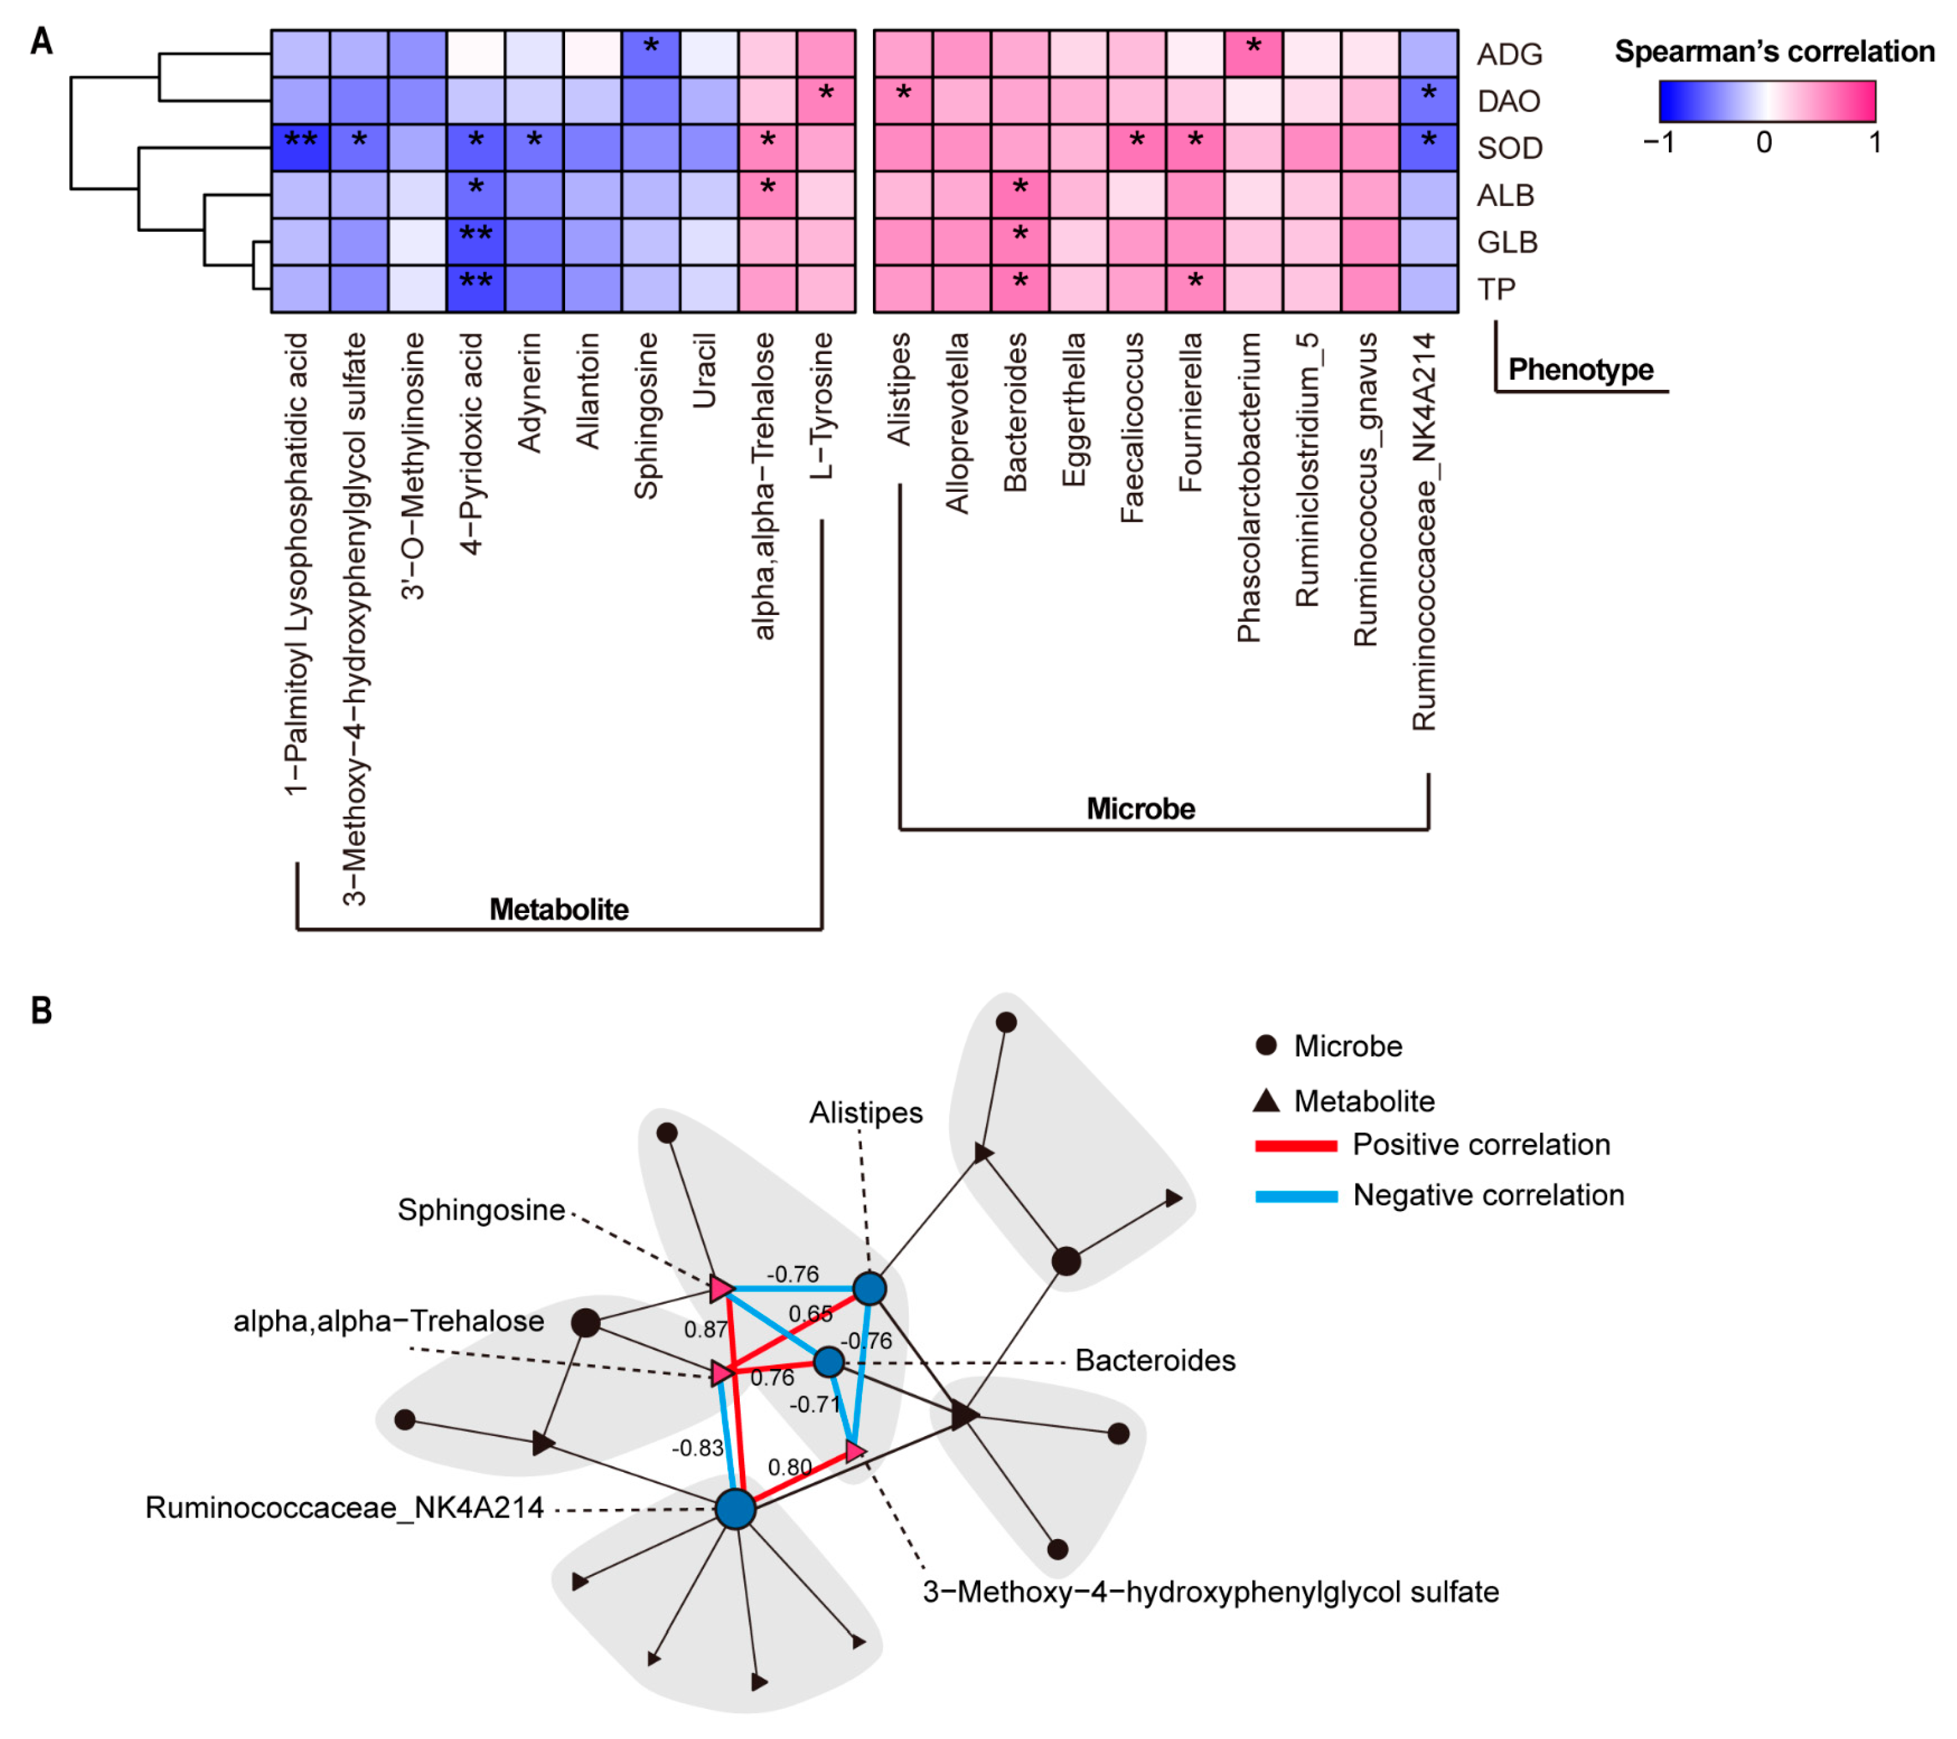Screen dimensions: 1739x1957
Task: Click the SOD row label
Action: click(x=1509, y=148)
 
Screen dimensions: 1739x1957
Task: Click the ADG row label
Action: click(x=1509, y=54)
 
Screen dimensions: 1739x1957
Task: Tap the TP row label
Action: click(x=1497, y=289)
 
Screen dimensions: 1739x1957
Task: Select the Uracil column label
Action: click(x=705, y=371)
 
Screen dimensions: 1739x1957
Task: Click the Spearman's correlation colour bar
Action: click(x=1766, y=101)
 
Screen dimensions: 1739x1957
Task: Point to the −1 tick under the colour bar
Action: click(x=1658, y=144)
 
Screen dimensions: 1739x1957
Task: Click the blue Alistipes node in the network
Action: click(x=869, y=1288)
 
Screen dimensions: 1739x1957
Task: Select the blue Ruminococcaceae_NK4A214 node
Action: click(x=735, y=1510)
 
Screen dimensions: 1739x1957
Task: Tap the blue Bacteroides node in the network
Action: click(x=828, y=1361)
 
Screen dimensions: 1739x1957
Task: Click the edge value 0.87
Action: click(x=706, y=1329)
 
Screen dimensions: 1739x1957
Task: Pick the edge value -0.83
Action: click(x=697, y=1448)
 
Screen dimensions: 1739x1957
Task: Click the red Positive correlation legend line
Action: click(x=1296, y=1146)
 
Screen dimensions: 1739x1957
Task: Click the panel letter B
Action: click(x=41, y=1010)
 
